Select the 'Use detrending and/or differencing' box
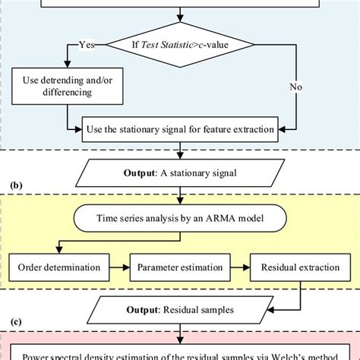pos(61,87)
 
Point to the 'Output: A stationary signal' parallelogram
pos(180,172)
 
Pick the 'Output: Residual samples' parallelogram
pos(180,311)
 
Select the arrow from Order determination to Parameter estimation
pos(118,267)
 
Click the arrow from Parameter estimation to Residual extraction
pos(239,267)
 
